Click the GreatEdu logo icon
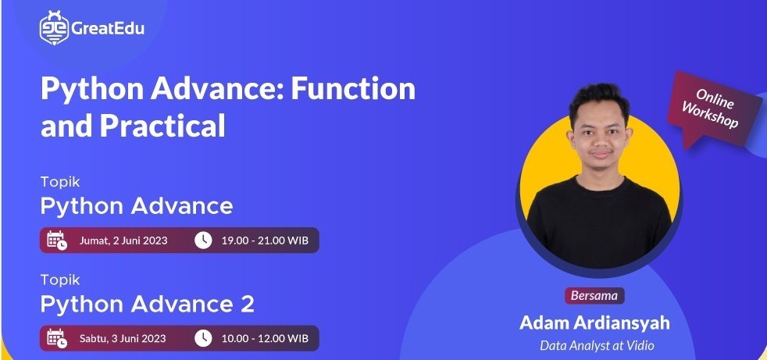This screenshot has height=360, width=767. pyautogui.click(x=55, y=28)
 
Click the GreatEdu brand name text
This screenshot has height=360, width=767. pyautogui.click(x=108, y=29)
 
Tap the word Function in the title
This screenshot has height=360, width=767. pyautogui.click(x=353, y=89)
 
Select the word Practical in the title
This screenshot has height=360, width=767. pyautogui.click(x=162, y=127)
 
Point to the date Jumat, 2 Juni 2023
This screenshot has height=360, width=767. pyautogui.click(x=123, y=241)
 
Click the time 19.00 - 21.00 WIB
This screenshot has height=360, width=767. pyautogui.click(x=265, y=241)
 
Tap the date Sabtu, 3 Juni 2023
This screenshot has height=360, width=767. pyautogui.click(x=123, y=338)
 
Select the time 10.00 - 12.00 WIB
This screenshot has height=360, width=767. pyautogui.click(x=265, y=338)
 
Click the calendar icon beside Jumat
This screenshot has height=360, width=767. pyautogui.click(x=57, y=241)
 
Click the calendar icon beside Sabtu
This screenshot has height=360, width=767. pyautogui.click(x=57, y=338)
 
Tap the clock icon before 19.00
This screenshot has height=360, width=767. pyautogui.click(x=203, y=241)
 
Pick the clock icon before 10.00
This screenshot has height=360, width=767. pyautogui.click(x=203, y=338)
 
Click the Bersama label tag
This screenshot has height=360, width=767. pyautogui.click(x=594, y=295)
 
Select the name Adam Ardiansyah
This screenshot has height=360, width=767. pyautogui.click(x=594, y=323)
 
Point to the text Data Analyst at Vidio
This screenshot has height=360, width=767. pyautogui.click(x=597, y=345)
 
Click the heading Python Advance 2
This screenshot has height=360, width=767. pyautogui.click(x=148, y=305)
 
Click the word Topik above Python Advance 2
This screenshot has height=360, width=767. pyautogui.click(x=60, y=280)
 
